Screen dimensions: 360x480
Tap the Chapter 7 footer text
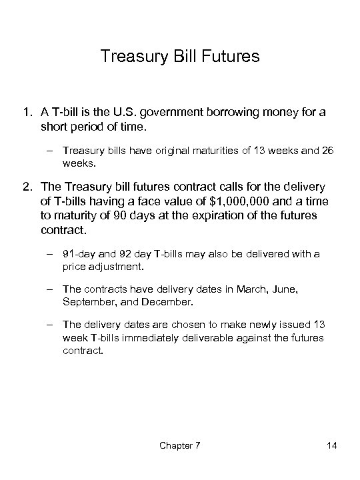pos(179,445)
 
